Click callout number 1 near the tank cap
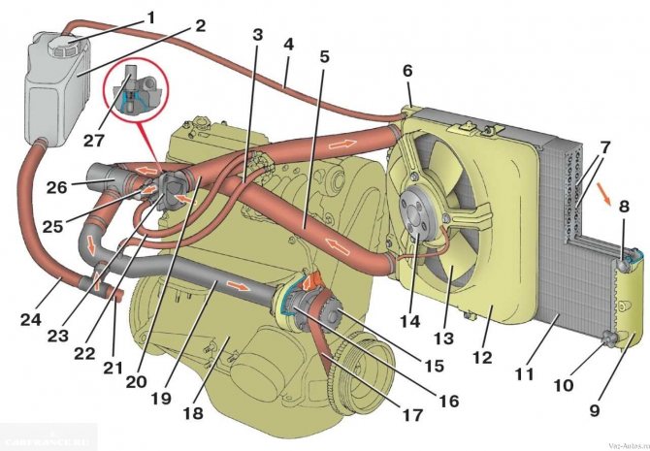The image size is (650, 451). coord(151,16)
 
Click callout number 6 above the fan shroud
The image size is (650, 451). coord(407,71)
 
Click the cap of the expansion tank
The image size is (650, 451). coord(65,44)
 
